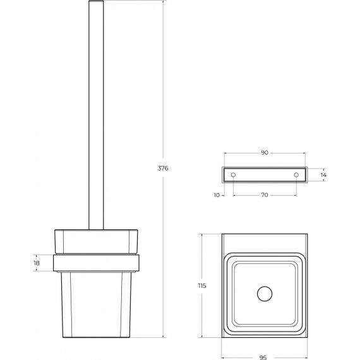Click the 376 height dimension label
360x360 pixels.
click(163, 168)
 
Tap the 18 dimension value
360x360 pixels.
click(37, 263)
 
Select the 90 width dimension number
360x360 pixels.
click(265, 153)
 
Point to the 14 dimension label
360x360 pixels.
click(323, 175)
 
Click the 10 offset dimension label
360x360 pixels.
click(217, 195)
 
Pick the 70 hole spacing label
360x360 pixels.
click(265, 195)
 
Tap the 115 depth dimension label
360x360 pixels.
click(202, 285)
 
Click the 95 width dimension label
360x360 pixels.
click(263, 357)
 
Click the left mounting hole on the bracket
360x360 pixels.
click(233, 175)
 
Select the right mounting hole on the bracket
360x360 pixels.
click(296, 175)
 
